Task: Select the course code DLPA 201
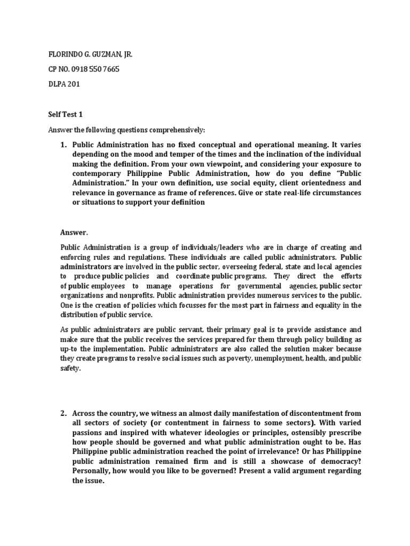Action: click(64, 84)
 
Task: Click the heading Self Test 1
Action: click(67, 115)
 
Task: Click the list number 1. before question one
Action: click(63, 144)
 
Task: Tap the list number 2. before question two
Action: click(63, 413)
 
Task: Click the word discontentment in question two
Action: click(295, 413)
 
